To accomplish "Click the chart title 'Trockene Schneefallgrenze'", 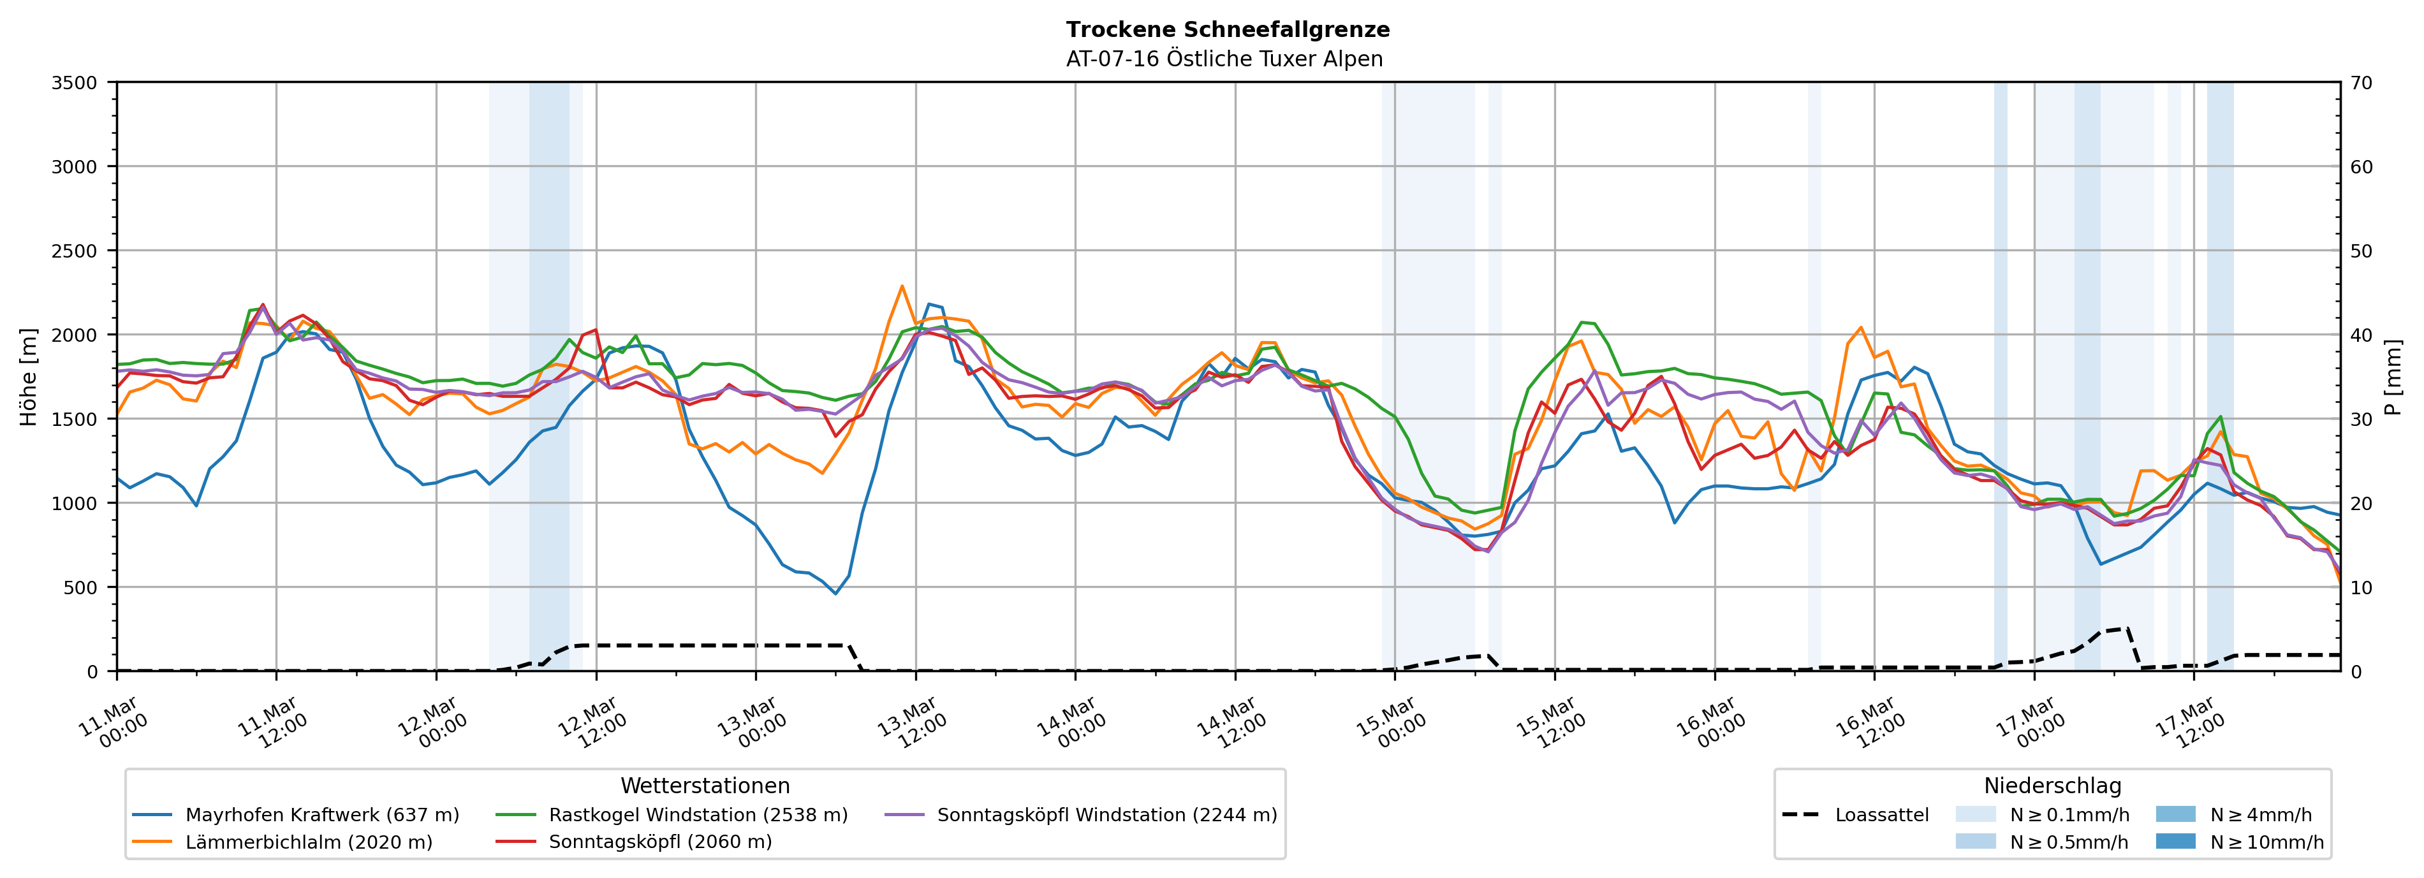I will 1227,29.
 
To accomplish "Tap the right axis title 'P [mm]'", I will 2393,376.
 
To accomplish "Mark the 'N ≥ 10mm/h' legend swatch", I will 2175,841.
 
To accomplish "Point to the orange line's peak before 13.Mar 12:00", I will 902,286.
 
